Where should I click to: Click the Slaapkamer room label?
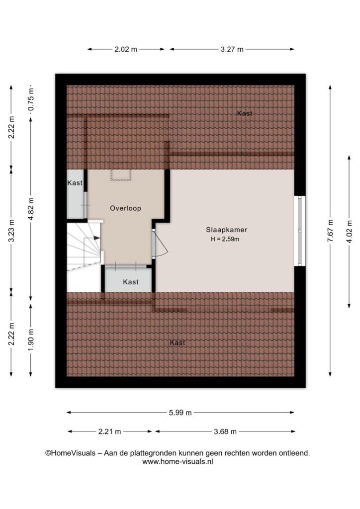click(x=227, y=230)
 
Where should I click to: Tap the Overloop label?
click(x=125, y=208)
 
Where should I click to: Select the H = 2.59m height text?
click(x=225, y=240)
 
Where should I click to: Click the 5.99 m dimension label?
click(x=180, y=413)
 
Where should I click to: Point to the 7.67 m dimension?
click(x=330, y=231)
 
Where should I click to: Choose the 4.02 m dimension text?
click(x=349, y=232)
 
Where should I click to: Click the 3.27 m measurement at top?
click(x=232, y=49)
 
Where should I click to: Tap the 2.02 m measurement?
click(x=126, y=49)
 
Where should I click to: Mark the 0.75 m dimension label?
click(x=31, y=99)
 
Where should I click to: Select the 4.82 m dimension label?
click(x=31, y=209)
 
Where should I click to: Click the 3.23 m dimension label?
click(x=11, y=231)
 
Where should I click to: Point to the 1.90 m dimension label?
click(x=31, y=340)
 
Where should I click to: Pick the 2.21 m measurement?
click(x=109, y=431)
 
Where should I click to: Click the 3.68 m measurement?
click(x=225, y=431)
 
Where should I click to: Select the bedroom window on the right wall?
click(x=300, y=231)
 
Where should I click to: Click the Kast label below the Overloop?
click(x=131, y=282)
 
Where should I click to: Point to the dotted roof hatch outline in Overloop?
click(x=121, y=174)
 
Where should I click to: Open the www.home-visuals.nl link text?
click(x=178, y=462)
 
